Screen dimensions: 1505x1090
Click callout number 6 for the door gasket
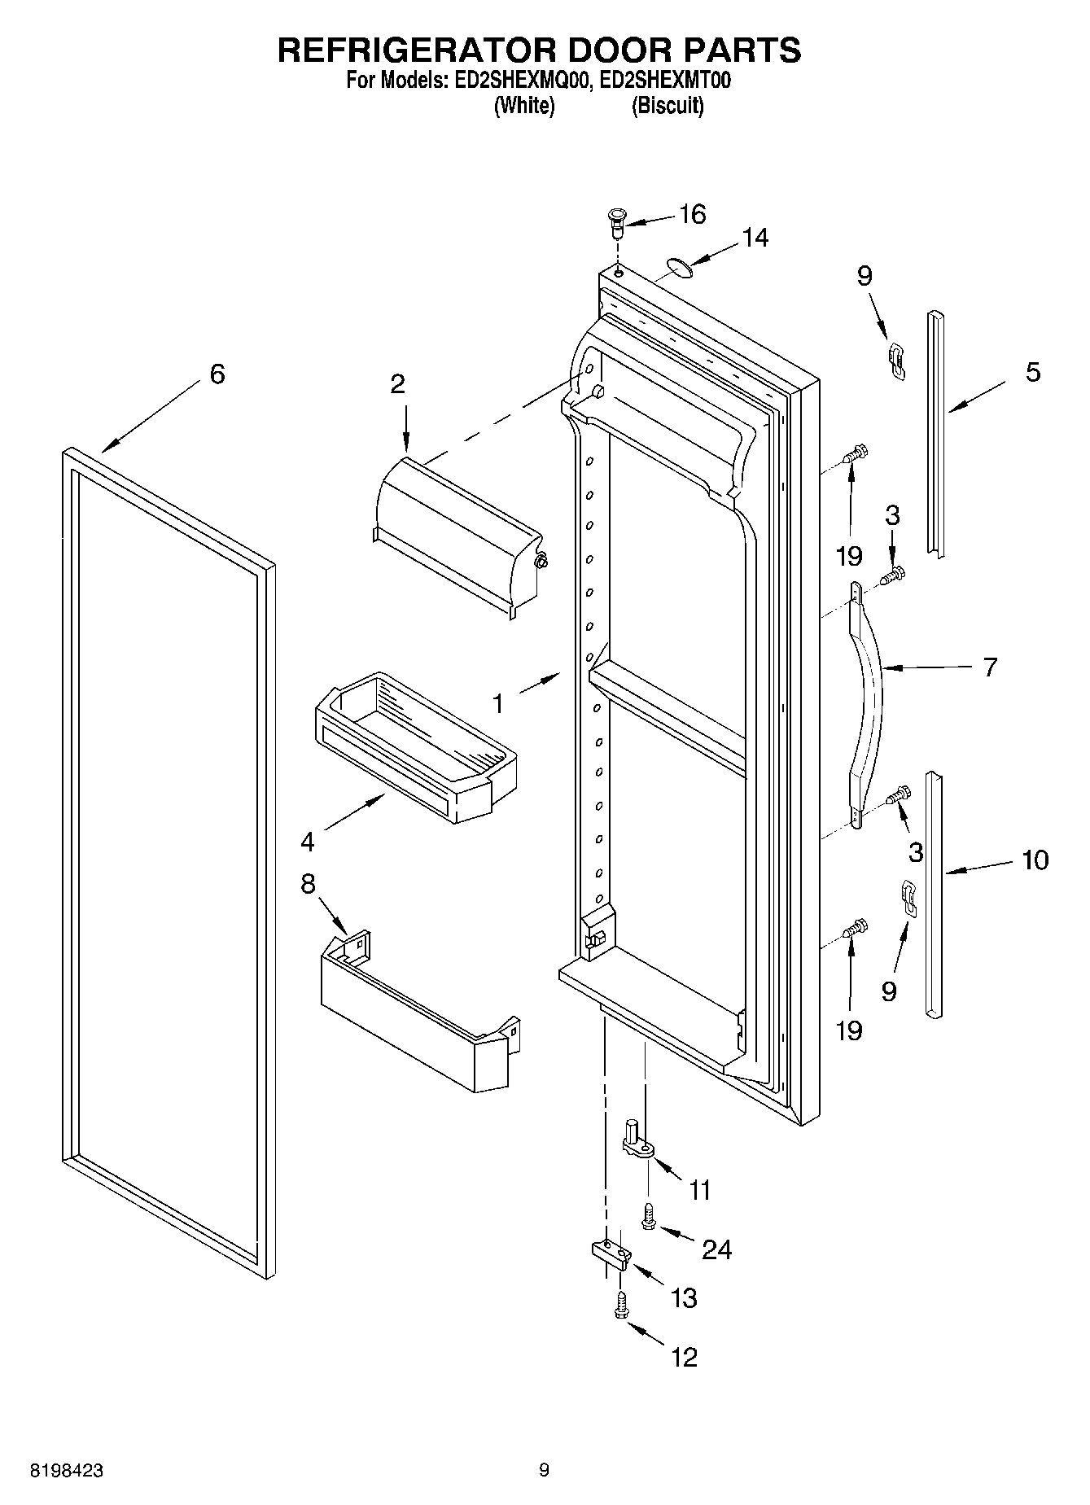(x=217, y=374)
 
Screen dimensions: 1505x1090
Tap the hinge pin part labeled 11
(x=637, y=1140)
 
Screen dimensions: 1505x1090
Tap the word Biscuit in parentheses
(x=668, y=106)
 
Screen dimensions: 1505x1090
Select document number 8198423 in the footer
(x=67, y=1471)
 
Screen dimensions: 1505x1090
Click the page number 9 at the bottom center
(x=544, y=1470)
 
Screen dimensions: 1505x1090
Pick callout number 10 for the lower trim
(x=1035, y=860)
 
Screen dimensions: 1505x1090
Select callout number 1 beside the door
(x=498, y=703)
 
